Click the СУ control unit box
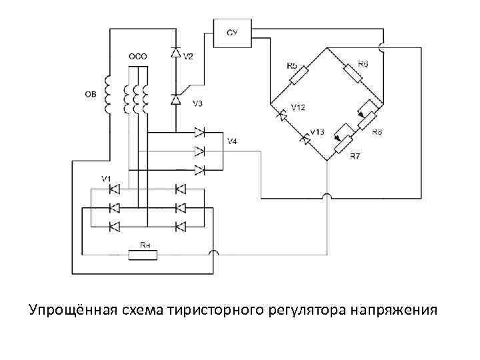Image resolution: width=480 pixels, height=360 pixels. [x=232, y=33]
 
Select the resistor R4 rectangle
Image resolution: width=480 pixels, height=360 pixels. [x=145, y=253]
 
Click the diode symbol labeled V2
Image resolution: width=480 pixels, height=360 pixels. [x=175, y=52]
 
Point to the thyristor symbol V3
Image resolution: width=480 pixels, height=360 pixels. [x=175, y=100]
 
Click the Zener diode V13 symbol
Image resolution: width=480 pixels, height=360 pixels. [x=305, y=139]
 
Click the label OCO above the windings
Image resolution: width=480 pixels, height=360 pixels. [x=137, y=57]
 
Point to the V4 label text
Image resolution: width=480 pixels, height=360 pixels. [x=232, y=141]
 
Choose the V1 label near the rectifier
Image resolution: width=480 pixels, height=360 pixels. [x=106, y=178]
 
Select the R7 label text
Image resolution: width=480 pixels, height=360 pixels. [x=355, y=157]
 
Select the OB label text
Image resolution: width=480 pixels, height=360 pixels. [x=90, y=95]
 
